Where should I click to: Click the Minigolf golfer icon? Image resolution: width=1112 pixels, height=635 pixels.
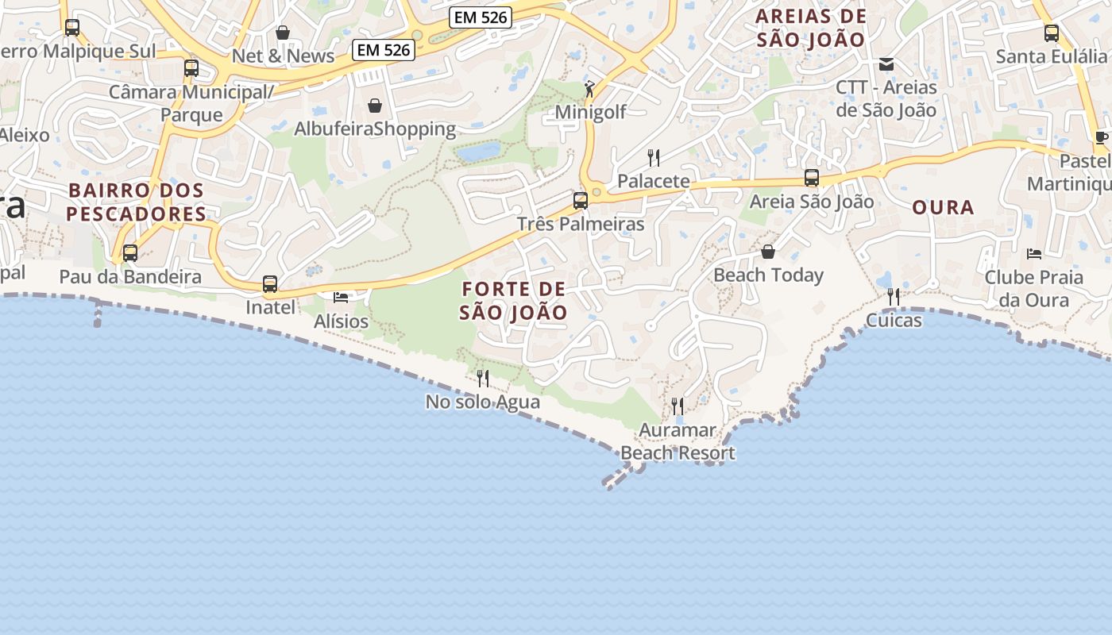[589, 89]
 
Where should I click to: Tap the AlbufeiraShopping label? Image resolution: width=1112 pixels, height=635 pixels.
[375, 129]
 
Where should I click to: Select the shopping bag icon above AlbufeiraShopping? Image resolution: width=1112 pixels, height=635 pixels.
[375, 106]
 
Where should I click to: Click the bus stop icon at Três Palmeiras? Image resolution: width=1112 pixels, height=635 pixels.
[581, 201]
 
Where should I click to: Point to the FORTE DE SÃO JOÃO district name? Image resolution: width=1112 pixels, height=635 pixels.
[514, 300]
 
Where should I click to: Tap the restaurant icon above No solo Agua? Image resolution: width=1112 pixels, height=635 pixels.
[482, 379]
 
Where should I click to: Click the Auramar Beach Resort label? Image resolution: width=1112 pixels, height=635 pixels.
[678, 442]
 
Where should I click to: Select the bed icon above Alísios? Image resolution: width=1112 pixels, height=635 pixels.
[341, 298]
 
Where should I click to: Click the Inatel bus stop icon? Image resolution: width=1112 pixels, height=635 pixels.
[270, 284]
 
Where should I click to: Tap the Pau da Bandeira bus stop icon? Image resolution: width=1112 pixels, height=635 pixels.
[129, 254]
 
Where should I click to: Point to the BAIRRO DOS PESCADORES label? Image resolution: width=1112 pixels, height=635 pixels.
[136, 202]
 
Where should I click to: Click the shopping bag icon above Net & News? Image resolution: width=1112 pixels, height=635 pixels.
[283, 33]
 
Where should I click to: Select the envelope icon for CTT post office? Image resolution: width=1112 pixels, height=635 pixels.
[886, 64]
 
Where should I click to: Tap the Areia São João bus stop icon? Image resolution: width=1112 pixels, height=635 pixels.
[812, 178]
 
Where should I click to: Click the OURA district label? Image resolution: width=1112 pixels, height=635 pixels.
[943, 208]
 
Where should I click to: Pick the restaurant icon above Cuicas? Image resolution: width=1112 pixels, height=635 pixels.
[894, 297]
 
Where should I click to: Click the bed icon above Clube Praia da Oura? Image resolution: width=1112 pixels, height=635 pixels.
[1033, 254]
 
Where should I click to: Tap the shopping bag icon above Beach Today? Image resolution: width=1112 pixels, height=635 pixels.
[768, 252]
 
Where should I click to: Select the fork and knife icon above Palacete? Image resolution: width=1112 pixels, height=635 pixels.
[654, 157]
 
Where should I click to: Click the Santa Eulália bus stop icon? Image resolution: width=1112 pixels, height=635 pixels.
[1052, 33]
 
